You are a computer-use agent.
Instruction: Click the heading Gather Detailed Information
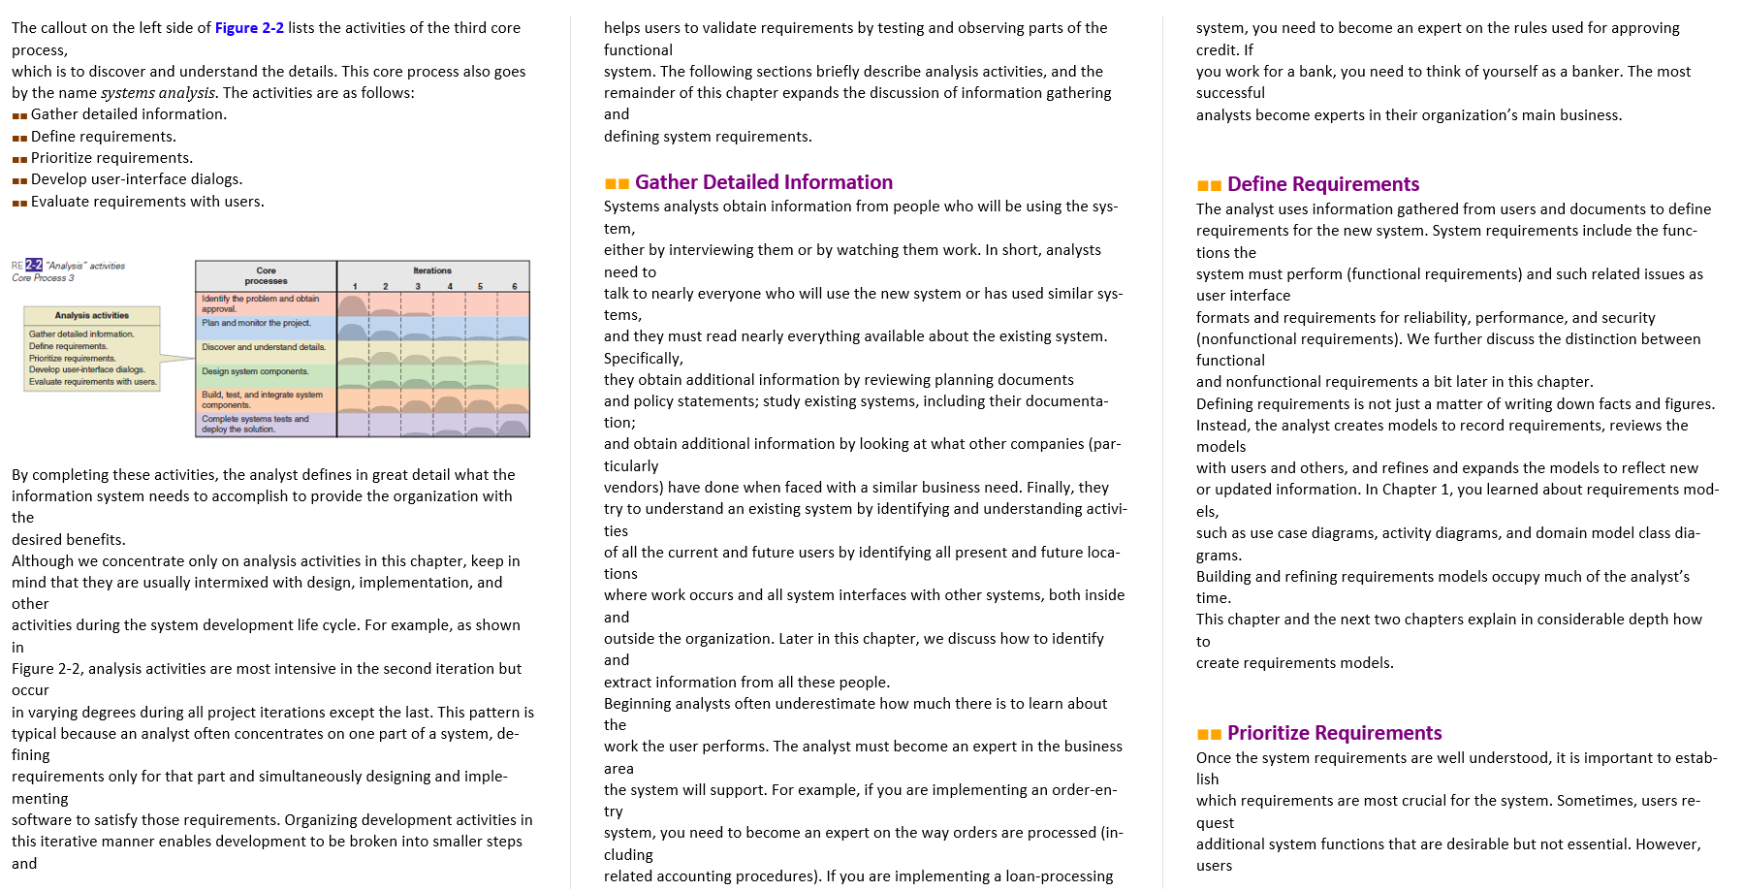763,182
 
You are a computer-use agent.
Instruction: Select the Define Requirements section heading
1322,184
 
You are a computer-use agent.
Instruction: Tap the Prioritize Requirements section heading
1334,733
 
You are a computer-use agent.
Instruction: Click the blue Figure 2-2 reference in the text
249,28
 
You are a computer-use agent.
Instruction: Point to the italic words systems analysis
158,93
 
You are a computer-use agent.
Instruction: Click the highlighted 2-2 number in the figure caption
34,265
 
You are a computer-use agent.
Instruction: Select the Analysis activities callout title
92,315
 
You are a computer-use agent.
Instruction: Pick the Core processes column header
266,275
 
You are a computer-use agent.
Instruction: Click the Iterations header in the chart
432,270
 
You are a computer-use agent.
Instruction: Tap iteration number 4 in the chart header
450,286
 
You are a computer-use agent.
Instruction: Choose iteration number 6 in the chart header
515,286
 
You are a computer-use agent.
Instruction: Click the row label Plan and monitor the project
256,323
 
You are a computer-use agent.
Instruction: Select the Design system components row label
255,371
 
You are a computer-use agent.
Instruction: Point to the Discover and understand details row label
264,347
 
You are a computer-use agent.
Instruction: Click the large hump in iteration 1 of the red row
352,305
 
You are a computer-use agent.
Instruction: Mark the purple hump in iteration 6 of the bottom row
513,428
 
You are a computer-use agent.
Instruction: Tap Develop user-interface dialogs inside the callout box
87,369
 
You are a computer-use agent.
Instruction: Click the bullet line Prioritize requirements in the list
111,158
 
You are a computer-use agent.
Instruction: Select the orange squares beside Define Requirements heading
1209,185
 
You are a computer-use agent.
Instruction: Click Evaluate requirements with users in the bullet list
147,202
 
